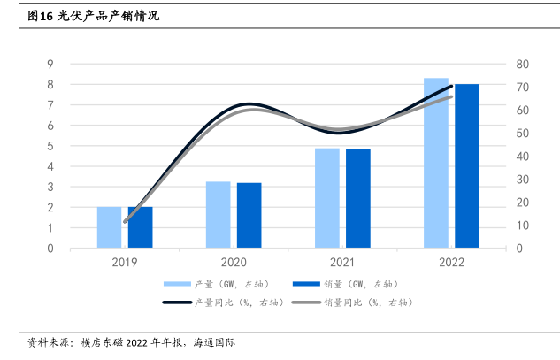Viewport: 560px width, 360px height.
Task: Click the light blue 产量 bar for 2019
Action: [109, 227]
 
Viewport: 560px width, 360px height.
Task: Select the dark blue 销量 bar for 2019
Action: [140, 227]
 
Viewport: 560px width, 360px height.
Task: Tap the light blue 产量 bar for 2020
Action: [218, 215]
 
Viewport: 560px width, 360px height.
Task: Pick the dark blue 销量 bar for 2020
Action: [249, 215]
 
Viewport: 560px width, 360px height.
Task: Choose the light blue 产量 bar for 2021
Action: [327, 198]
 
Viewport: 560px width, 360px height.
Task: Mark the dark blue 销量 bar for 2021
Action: [358, 199]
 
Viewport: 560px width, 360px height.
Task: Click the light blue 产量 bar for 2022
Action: [436, 164]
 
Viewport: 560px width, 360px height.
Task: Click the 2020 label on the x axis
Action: [234, 263]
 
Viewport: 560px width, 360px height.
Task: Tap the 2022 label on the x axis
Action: [451, 263]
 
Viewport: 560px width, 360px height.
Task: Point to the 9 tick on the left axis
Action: [51, 64]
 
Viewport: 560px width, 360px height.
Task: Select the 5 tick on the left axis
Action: [51, 146]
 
